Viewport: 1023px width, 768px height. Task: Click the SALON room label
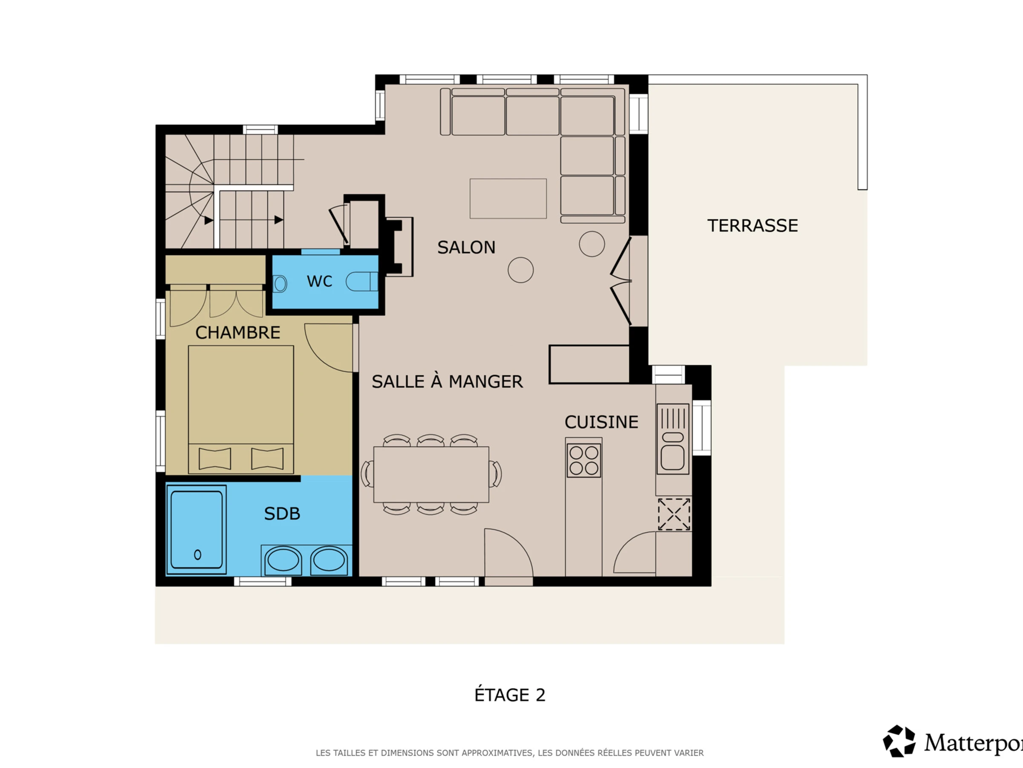[466, 247]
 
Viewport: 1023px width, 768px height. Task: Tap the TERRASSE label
[752, 225]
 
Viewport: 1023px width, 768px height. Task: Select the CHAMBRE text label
[238, 332]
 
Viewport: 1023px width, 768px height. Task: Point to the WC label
[319, 281]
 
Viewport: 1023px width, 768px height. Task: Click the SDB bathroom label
[282, 513]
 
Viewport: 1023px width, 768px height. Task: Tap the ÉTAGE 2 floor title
[510, 695]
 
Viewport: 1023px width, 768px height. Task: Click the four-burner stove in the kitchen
[584, 460]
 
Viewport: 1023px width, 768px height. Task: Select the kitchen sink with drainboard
[673, 439]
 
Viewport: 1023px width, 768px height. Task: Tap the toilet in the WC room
[361, 282]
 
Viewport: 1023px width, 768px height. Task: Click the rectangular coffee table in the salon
[508, 198]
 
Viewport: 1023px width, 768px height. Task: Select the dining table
[431, 474]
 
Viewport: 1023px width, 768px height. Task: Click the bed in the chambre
[241, 409]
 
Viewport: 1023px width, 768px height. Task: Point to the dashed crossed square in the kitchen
[674, 514]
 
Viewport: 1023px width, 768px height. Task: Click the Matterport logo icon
[899, 741]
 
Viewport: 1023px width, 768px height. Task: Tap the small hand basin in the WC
[280, 284]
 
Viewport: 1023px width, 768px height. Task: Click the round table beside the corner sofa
[592, 244]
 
